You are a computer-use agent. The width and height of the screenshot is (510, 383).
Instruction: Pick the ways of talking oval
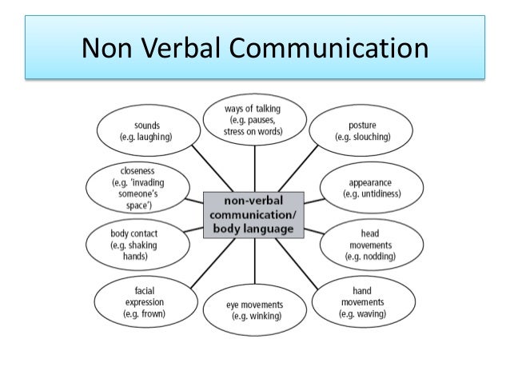[x=255, y=120]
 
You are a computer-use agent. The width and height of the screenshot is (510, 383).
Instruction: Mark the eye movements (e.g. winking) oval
[x=255, y=309]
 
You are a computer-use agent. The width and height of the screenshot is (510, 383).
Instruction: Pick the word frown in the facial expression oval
[x=153, y=315]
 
